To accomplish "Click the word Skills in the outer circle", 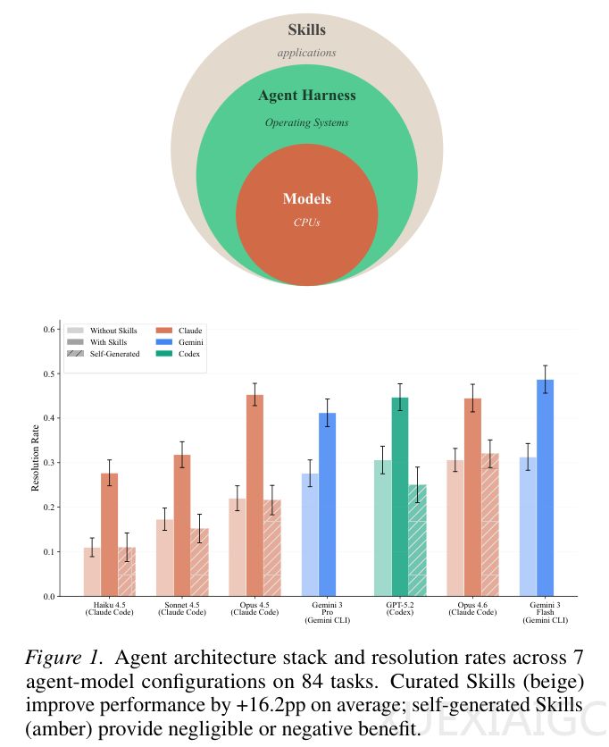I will [x=306, y=30].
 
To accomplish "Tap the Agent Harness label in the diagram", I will [x=306, y=96].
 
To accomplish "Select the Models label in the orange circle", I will [x=306, y=198].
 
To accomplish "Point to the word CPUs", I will [x=306, y=222].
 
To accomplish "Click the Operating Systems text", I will [x=306, y=122].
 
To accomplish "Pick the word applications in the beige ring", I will [x=306, y=53].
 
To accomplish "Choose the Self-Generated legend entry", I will [x=104, y=354].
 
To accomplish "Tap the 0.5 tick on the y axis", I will [x=50, y=373].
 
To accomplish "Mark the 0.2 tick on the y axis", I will [x=50, y=507].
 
